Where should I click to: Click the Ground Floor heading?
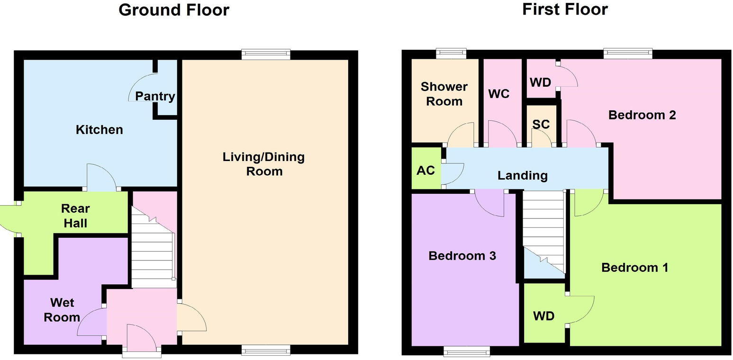[174, 10]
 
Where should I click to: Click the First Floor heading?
[565, 9]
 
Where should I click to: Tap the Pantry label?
[155, 96]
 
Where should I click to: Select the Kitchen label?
[100, 130]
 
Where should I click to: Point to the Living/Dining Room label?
[263, 164]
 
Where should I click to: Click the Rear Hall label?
[75, 216]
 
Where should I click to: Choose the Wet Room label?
[62, 310]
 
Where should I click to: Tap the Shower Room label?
[444, 94]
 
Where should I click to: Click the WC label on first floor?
[499, 94]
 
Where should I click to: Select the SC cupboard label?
[541, 124]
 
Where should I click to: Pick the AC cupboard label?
[425, 170]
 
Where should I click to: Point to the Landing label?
[522, 176]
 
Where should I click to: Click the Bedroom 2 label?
[642, 115]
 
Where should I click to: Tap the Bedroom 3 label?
[462, 256]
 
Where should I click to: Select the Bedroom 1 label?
[634, 268]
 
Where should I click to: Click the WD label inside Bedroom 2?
[540, 82]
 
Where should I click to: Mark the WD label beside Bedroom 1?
[543, 316]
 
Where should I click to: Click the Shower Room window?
[451, 54]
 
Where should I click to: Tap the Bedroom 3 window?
[467, 351]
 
